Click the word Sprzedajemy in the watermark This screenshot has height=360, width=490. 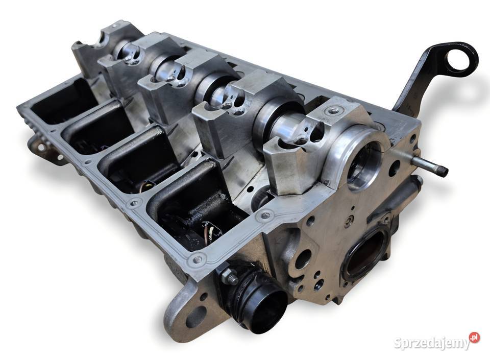pos(432,343)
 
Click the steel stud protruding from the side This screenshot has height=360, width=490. pos(430,165)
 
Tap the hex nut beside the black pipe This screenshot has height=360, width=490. pos(229,277)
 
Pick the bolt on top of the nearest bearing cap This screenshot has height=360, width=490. pos(334,110)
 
